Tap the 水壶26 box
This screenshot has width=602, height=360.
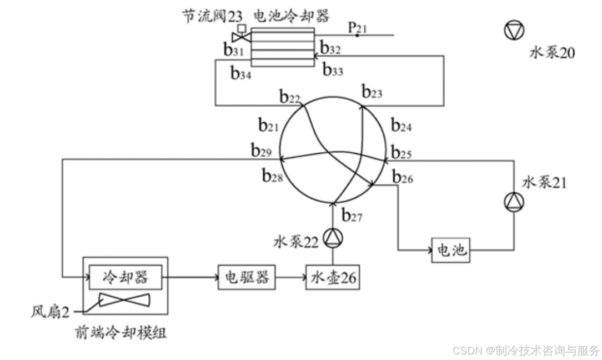click(x=332, y=277)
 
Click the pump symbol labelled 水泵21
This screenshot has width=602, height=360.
click(x=512, y=203)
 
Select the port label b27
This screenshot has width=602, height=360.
click(x=352, y=215)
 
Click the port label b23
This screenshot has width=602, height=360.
click(x=372, y=91)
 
